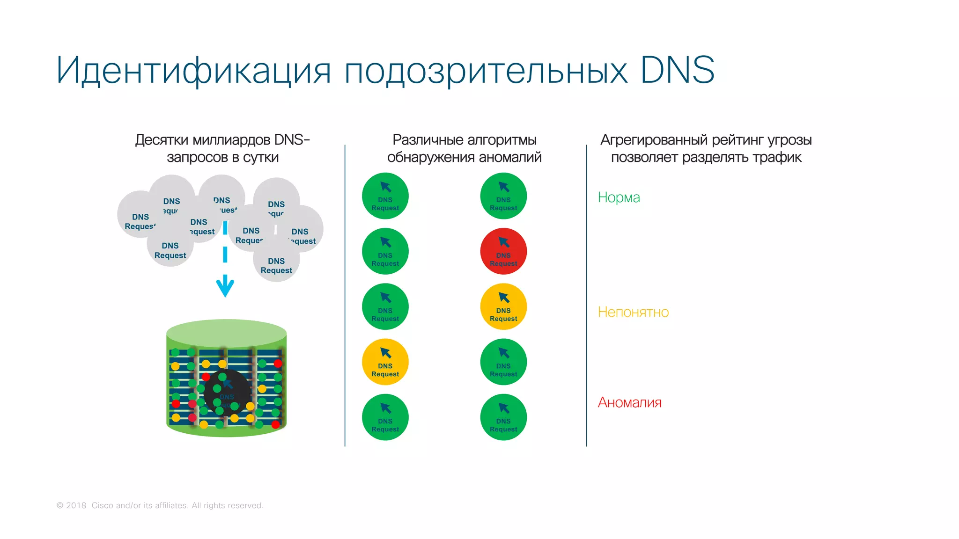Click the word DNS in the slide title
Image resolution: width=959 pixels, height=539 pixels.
[x=677, y=70]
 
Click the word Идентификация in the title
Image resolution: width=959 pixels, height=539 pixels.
[x=193, y=70]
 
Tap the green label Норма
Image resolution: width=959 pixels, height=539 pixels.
[x=619, y=197]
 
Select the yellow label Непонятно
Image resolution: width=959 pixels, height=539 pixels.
[x=633, y=312]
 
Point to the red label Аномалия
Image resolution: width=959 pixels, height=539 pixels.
[x=629, y=402]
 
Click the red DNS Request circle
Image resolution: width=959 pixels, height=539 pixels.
[x=503, y=251]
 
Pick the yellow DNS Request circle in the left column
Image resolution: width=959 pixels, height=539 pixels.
[x=385, y=362]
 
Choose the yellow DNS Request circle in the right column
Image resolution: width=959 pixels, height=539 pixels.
[x=503, y=306]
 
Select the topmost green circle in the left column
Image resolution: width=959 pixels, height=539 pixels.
[x=385, y=196]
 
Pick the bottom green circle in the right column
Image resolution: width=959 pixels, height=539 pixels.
[x=503, y=417]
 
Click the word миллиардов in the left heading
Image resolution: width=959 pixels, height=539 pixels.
[x=231, y=140]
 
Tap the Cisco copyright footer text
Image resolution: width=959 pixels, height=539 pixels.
[x=160, y=505]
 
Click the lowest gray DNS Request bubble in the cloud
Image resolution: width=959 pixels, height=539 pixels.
[x=276, y=265]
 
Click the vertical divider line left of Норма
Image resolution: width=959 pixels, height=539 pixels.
[x=586, y=295]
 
